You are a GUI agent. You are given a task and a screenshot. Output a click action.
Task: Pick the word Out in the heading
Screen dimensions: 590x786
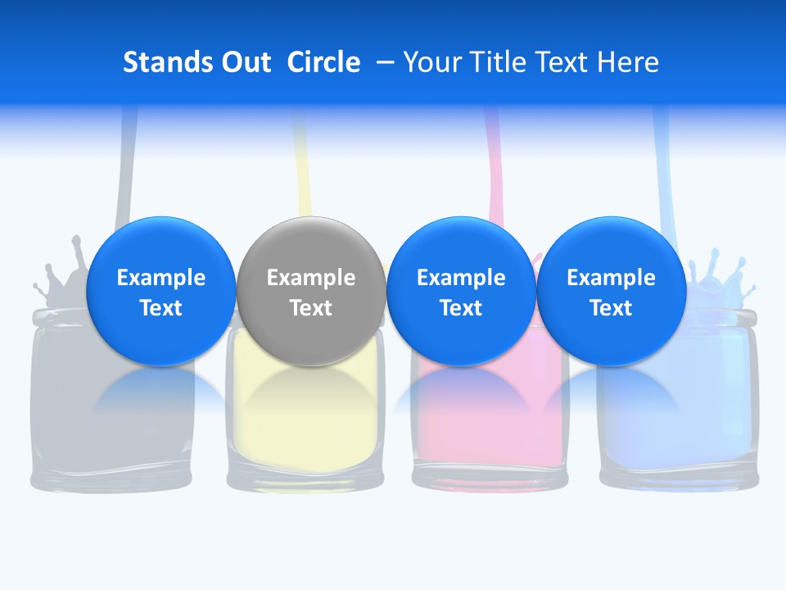click(245, 62)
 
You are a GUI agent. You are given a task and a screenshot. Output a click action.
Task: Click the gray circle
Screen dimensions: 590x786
click(311, 291)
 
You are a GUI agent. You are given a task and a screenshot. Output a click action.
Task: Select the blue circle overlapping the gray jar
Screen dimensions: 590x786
click(161, 291)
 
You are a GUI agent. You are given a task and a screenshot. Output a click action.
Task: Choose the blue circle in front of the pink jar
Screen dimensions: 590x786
click(461, 291)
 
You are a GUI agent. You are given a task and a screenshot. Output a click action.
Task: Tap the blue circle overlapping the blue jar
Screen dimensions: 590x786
click(612, 291)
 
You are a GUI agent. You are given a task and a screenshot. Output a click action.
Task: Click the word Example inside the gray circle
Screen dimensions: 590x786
click(311, 278)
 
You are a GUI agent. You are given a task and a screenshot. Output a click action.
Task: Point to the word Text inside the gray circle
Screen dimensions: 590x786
click(311, 308)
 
